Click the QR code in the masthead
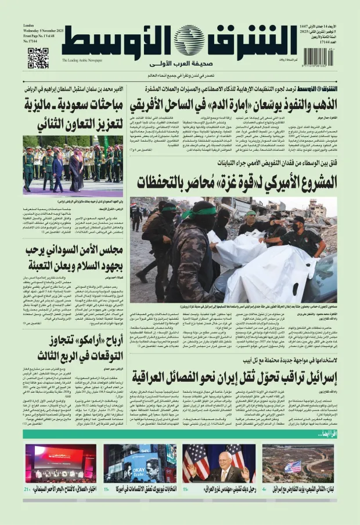38,58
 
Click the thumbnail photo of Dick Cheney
216,464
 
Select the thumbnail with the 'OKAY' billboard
140,464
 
